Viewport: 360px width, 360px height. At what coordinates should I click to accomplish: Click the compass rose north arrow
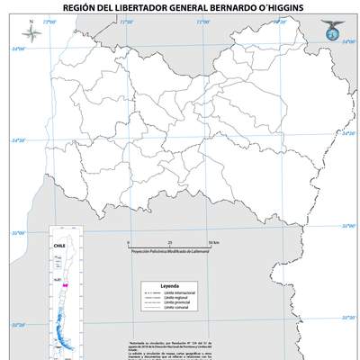coord(31,35)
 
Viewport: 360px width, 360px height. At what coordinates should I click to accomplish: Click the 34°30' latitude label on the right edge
coord(346,134)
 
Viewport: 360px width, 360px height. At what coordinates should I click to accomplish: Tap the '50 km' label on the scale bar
coord(211,243)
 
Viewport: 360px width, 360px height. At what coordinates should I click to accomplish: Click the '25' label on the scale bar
coord(170,243)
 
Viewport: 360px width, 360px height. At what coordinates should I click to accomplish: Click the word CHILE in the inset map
coord(63,244)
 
